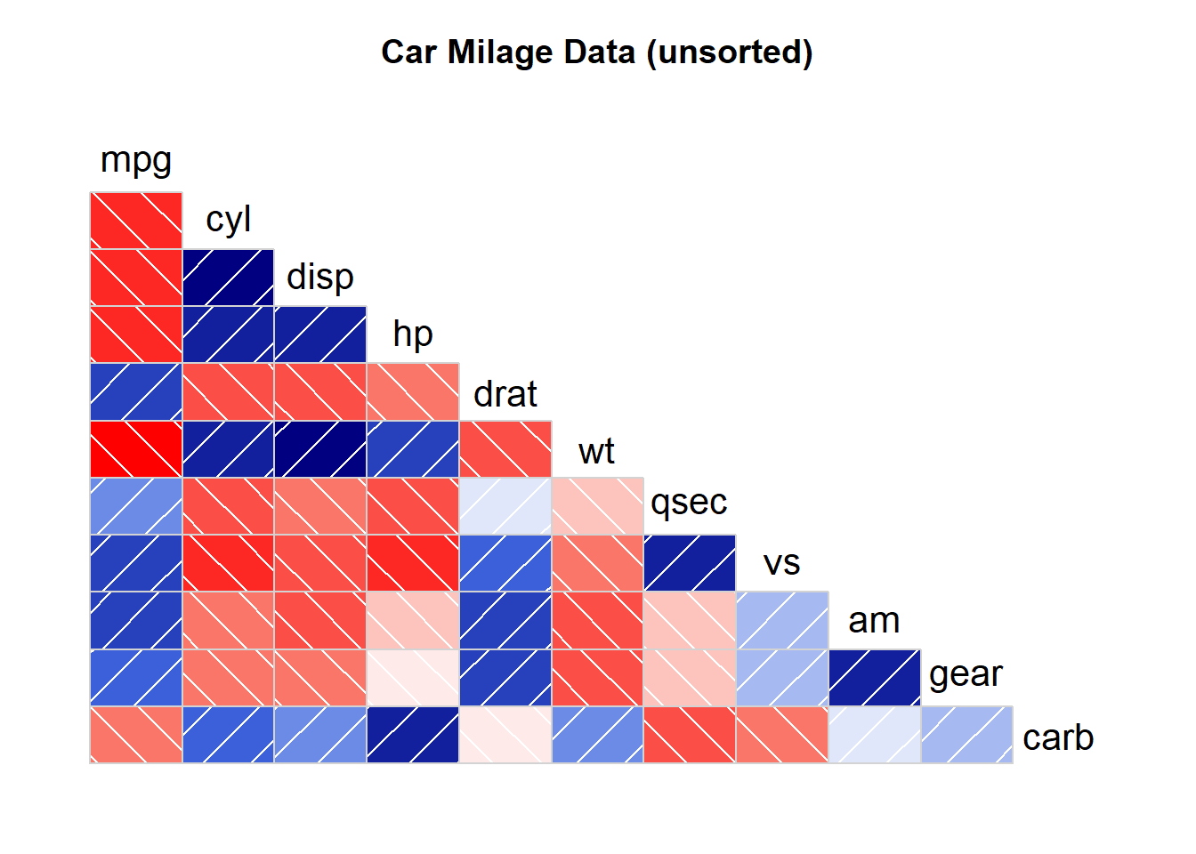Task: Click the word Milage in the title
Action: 500,52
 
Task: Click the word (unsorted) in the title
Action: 729,52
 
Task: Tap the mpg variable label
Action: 135,161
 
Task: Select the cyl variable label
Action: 228,220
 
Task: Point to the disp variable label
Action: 320,277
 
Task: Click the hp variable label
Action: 413,334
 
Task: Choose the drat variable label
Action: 505,393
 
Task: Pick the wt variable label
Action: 596,451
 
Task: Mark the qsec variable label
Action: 689,503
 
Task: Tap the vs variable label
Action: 781,563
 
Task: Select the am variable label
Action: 874,620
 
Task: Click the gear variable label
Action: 966,674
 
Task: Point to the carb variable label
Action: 1058,737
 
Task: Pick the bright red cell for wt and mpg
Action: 136,449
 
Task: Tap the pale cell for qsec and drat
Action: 505,506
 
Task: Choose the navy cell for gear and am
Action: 875,678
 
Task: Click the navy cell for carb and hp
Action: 413,735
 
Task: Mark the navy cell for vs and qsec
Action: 690,563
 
